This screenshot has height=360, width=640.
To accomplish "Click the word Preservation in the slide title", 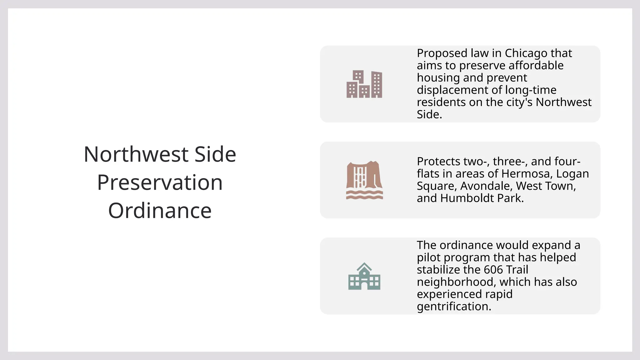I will [x=160, y=182].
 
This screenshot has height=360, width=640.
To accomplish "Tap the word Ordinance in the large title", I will [x=160, y=211].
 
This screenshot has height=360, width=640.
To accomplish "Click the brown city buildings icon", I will [x=364, y=84].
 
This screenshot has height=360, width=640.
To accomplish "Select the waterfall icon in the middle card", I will [x=364, y=180].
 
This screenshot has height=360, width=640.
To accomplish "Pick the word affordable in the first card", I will [x=536, y=65].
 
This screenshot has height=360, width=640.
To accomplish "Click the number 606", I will [x=493, y=270].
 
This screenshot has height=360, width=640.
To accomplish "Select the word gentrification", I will [x=454, y=307].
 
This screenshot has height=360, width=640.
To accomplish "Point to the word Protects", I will [x=438, y=162].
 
